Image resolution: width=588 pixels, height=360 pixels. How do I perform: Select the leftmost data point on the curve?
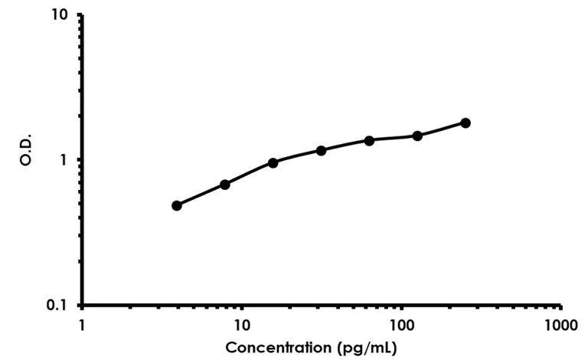177,205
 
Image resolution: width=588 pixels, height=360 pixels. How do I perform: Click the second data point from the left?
225,185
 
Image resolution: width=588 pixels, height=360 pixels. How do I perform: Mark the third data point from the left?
273,162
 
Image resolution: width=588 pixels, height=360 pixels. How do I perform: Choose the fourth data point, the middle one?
321,150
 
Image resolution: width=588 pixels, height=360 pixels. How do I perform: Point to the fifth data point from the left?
369,140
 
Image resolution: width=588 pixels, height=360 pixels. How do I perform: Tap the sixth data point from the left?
417,136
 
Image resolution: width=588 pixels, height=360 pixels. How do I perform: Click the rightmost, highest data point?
465,123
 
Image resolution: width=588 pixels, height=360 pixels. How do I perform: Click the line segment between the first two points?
201,195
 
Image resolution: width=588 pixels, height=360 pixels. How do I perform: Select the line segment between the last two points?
442,129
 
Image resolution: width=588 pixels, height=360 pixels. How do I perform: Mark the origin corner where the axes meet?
82,305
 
